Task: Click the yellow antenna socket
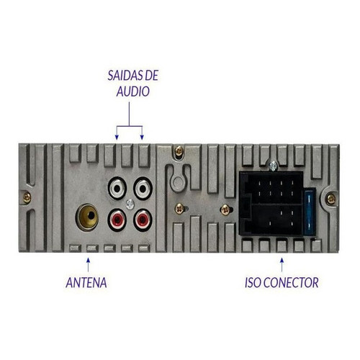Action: [87, 217]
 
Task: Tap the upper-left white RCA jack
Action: [117, 189]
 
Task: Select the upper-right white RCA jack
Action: [143, 189]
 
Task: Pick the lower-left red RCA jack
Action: [117, 220]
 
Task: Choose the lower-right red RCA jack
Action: [143, 220]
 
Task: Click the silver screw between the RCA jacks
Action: [130, 204]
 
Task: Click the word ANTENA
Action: [86, 282]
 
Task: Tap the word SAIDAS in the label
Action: [122, 76]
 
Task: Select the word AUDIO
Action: [133, 91]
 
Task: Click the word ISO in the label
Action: [253, 282]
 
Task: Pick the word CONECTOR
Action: [291, 282]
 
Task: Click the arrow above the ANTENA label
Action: [89, 265]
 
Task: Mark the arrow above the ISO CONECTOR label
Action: [282, 265]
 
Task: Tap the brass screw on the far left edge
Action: [27, 198]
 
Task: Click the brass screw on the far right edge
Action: [331, 199]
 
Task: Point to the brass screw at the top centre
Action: [179, 151]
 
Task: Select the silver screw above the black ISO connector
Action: [273, 166]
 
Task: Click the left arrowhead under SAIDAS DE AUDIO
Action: [117, 137]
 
